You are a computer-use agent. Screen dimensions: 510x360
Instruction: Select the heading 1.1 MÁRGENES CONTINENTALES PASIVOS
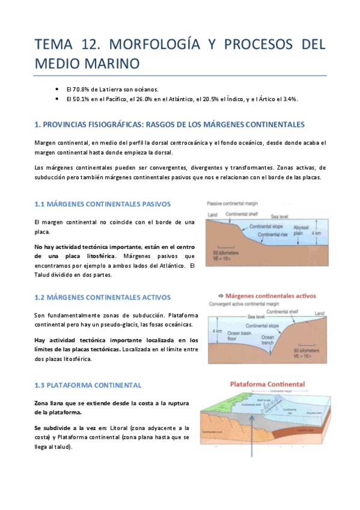coord(103,204)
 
